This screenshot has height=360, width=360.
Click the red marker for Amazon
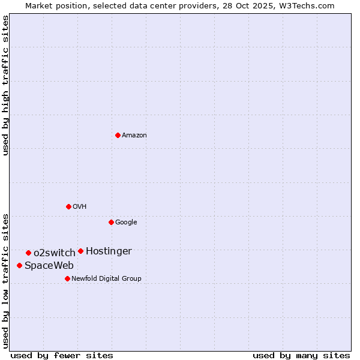118,135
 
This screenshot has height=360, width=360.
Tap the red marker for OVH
68,206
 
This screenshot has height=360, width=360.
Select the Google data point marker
111,222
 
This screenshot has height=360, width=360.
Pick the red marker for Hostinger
80,251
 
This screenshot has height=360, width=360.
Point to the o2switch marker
28,253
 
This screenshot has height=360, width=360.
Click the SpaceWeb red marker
19,265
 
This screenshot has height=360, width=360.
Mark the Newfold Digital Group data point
67,278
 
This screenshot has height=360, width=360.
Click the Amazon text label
134,135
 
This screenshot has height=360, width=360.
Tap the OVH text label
80,206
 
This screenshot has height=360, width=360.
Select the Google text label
126,222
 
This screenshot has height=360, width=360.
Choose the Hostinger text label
109,251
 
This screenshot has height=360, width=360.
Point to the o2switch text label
55,253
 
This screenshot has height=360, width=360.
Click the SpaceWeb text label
49,265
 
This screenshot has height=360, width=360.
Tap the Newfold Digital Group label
106,278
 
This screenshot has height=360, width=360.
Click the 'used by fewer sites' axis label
62,355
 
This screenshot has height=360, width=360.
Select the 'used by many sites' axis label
301,355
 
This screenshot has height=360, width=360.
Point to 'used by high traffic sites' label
5,85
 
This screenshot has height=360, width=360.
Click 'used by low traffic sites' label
5,281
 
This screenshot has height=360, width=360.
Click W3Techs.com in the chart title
305,5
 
